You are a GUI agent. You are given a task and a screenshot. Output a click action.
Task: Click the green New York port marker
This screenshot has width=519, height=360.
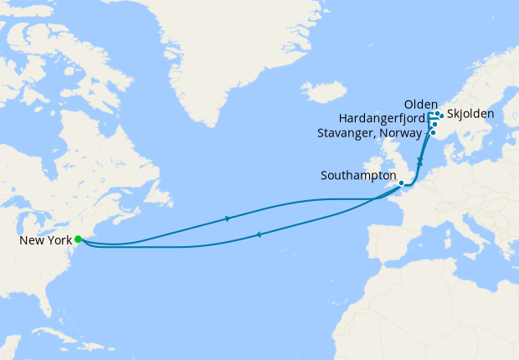pos(78,239)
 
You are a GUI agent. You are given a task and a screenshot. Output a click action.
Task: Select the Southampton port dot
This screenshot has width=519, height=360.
pos(401,183)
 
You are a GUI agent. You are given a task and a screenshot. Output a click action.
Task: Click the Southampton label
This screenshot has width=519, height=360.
pos(358,177)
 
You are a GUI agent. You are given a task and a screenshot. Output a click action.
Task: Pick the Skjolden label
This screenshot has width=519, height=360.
pos(470,113)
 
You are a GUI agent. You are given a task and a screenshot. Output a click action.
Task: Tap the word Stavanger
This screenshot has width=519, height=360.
pos(346,132)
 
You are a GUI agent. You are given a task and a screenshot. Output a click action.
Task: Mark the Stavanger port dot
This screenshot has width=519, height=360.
pos(433,132)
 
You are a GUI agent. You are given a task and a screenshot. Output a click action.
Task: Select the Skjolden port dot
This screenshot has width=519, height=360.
pos(441,116)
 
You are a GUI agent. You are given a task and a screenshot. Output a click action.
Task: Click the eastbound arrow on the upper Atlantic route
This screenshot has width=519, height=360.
pos(229,219)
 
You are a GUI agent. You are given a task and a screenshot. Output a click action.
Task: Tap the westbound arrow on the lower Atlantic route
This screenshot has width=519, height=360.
pos(254,234)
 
